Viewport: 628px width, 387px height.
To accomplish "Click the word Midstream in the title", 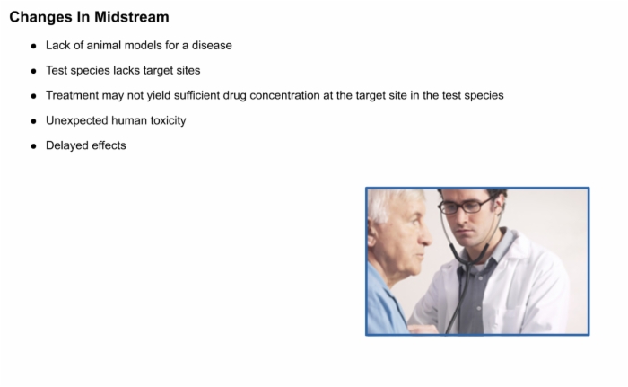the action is pyautogui.click(x=132, y=17).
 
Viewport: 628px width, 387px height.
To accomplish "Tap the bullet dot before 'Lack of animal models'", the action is pyautogui.click(x=34, y=46).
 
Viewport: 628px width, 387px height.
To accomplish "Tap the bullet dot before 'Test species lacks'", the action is pyautogui.click(x=34, y=72).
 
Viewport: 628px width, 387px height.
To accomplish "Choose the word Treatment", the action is pyautogui.click(x=72, y=95).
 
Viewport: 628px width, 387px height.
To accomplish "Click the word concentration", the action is pyautogui.click(x=284, y=95).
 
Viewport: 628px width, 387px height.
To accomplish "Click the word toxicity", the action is pyautogui.click(x=169, y=120).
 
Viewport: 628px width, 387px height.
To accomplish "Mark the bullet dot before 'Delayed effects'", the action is pyautogui.click(x=34, y=146).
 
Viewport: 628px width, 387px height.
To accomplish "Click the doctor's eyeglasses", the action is pyautogui.click(x=466, y=206).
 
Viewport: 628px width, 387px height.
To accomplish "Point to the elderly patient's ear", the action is pyautogui.click(x=371, y=239).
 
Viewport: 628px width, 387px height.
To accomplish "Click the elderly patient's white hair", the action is pyautogui.click(x=390, y=206).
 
